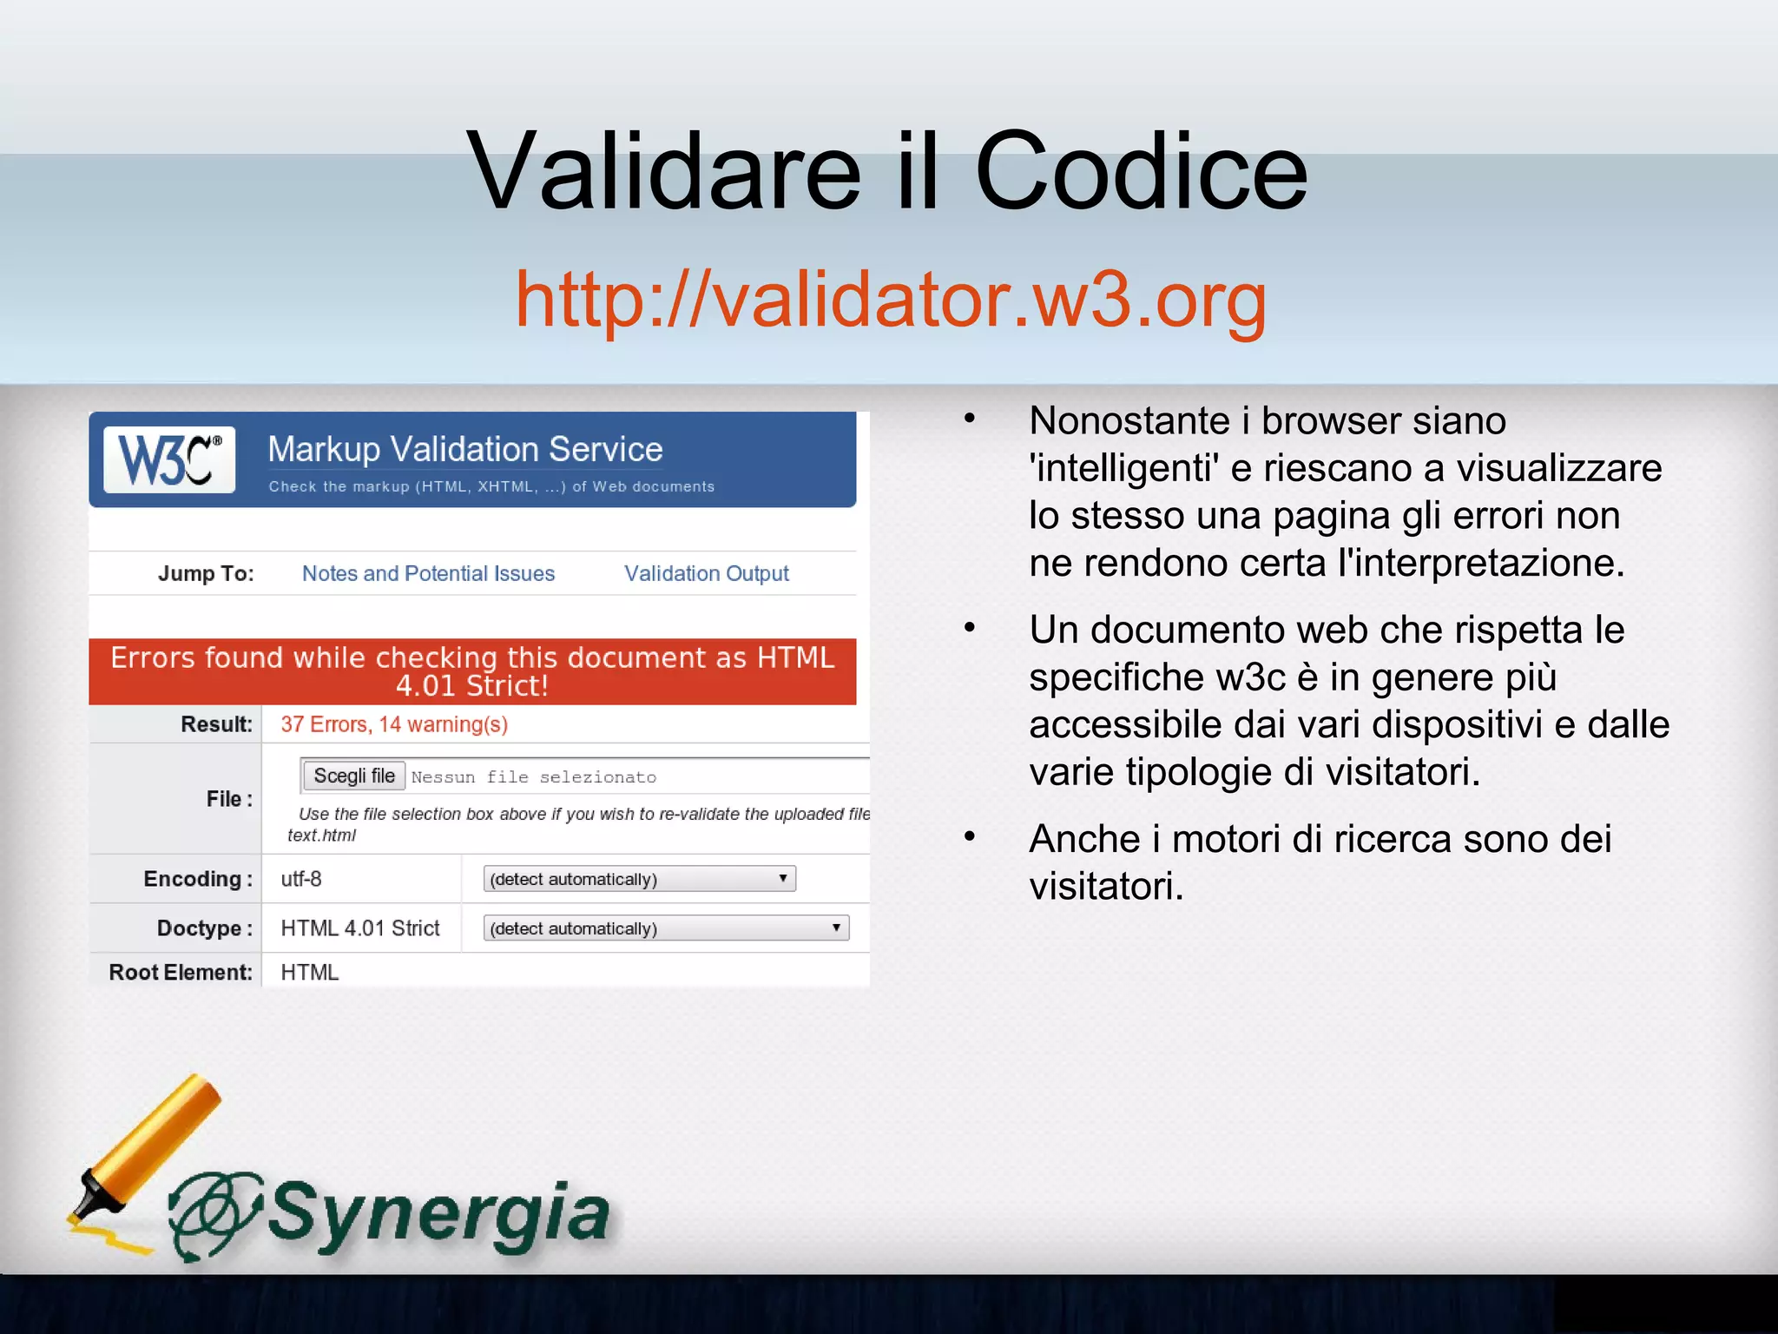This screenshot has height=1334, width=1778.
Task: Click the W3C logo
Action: pos(169,459)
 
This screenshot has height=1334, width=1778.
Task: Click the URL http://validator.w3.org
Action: pos(891,299)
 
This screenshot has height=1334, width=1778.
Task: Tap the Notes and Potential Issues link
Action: pos(428,573)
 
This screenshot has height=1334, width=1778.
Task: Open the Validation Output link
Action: pos(706,573)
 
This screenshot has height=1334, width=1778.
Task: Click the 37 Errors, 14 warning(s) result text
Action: pos(394,724)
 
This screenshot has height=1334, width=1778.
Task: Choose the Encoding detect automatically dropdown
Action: pos(639,879)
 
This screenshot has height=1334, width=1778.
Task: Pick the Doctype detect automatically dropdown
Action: pos(666,928)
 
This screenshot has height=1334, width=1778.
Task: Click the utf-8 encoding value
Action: pos(301,879)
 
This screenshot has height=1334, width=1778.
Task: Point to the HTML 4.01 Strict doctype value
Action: pos(360,928)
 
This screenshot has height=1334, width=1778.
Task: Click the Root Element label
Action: pos(181,972)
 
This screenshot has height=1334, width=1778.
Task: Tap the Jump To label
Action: pos(206,573)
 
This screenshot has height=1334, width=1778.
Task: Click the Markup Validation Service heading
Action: pos(465,449)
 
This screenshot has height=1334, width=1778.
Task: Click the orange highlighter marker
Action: pos(148,1146)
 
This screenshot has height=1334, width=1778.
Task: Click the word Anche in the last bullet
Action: pos(1084,839)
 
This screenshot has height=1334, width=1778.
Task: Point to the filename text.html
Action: pos(321,835)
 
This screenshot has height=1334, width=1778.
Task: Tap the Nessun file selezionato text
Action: pos(533,777)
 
